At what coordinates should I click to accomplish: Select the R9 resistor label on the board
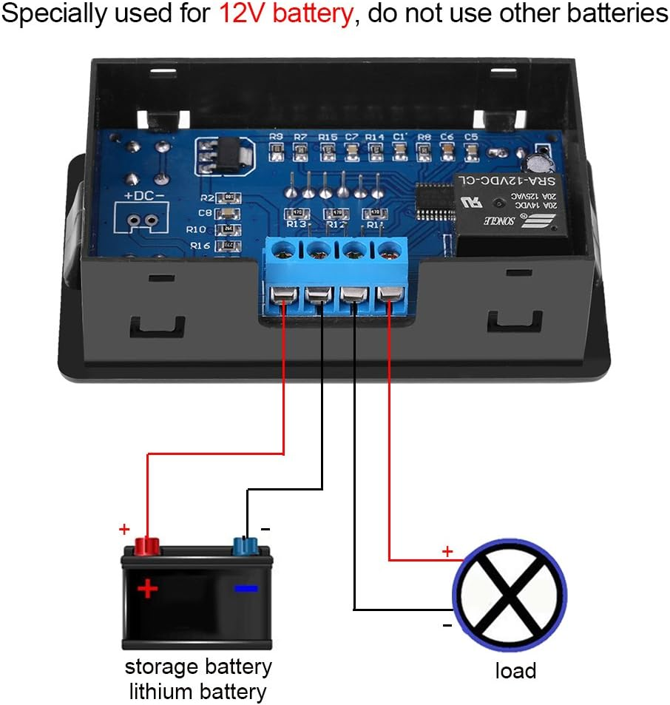point(277,137)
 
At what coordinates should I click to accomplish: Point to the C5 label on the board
point(471,137)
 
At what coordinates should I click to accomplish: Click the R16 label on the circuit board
point(200,245)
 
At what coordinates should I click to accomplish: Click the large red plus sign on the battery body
point(148,589)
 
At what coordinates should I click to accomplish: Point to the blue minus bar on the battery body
point(246,589)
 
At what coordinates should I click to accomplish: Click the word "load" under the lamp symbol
point(515,671)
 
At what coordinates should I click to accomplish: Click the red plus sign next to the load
point(447,551)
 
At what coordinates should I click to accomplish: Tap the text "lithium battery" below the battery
point(197,692)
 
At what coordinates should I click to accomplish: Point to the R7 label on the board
point(300,137)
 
